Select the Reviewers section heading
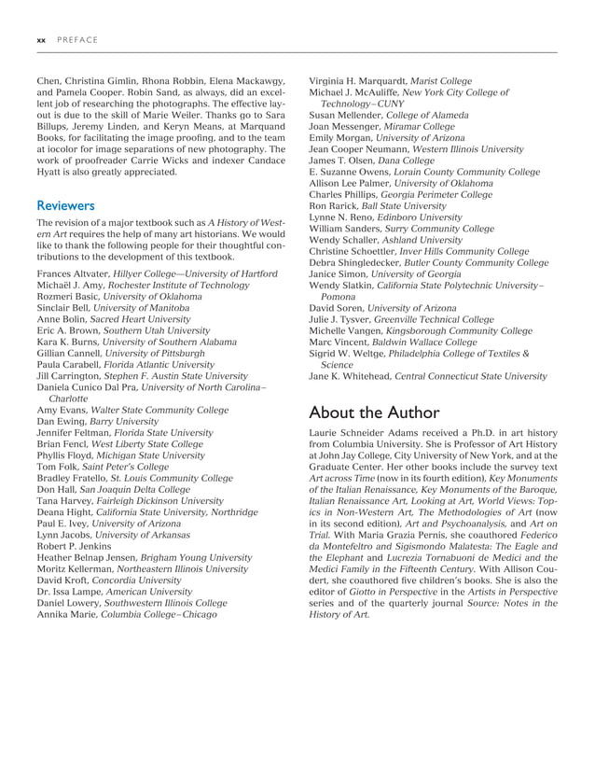pyautogui.click(x=65, y=203)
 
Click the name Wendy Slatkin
pyautogui.click(x=340, y=285)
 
